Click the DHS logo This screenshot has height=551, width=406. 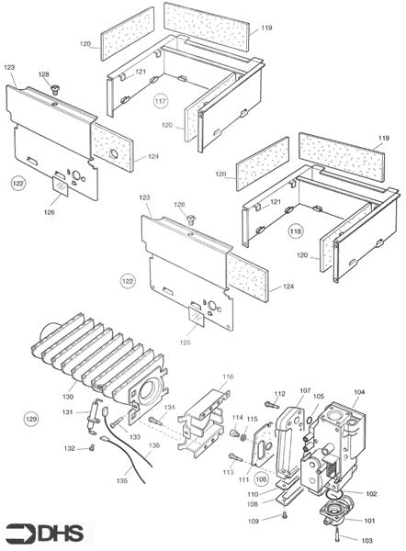point(45,534)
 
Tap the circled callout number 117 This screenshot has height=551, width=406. point(161,101)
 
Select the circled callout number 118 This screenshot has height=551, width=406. point(295,231)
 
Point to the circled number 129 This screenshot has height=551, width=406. point(31,419)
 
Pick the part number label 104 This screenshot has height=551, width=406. point(359,392)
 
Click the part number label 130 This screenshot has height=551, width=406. point(68,397)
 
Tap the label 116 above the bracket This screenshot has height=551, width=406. point(228,377)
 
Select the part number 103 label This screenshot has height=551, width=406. point(367,540)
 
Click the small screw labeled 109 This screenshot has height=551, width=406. point(285,515)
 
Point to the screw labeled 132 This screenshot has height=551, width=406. point(92,447)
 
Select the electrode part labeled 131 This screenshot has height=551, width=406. point(94,417)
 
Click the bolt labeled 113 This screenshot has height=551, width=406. point(235,456)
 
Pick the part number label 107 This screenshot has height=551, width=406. point(305,391)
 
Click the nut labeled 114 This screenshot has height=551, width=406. point(233,433)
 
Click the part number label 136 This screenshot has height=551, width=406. point(154,445)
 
